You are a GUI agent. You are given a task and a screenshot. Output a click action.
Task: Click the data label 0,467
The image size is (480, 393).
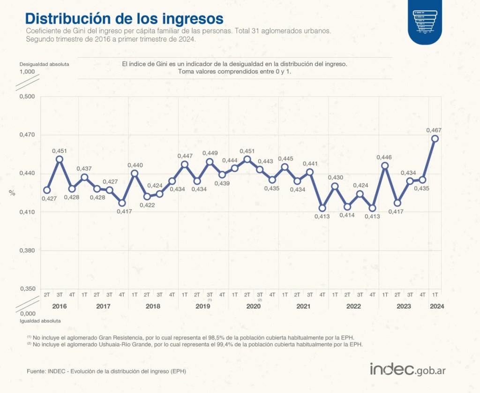click(x=434, y=130)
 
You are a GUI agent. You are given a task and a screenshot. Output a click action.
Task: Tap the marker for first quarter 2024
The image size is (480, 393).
click(x=435, y=138)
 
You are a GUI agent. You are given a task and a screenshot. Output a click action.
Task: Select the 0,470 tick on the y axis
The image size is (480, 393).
click(x=27, y=135)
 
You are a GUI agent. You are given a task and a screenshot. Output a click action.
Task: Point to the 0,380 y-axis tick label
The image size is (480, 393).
click(x=27, y=250)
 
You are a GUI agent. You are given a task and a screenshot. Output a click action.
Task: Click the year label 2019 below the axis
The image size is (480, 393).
click(x=203, y=306)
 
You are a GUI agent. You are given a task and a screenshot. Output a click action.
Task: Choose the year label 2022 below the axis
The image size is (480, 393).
click(x=353, y=306)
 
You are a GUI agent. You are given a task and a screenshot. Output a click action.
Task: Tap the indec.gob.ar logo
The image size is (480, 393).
click(x=408, y=369)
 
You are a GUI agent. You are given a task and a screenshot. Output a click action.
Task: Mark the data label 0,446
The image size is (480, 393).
click(x=385, y=157)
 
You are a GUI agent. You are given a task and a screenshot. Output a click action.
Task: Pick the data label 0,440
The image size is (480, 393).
click(x=135, y=165)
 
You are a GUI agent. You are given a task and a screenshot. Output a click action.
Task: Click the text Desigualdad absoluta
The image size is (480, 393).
click(x=44, y=64)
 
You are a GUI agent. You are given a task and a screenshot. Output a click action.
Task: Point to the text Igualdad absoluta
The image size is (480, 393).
click(x=40, y=321)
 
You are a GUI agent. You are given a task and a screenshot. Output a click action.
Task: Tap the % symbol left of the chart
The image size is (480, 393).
click(x=12, y=193)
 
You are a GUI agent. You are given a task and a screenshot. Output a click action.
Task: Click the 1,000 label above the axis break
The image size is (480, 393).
click(x=27, y=72)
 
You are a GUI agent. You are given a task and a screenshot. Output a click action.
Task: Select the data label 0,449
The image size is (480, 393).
click(x=210, y=153)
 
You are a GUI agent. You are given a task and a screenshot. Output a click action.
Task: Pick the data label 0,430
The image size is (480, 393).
click(x=335, y=178)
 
